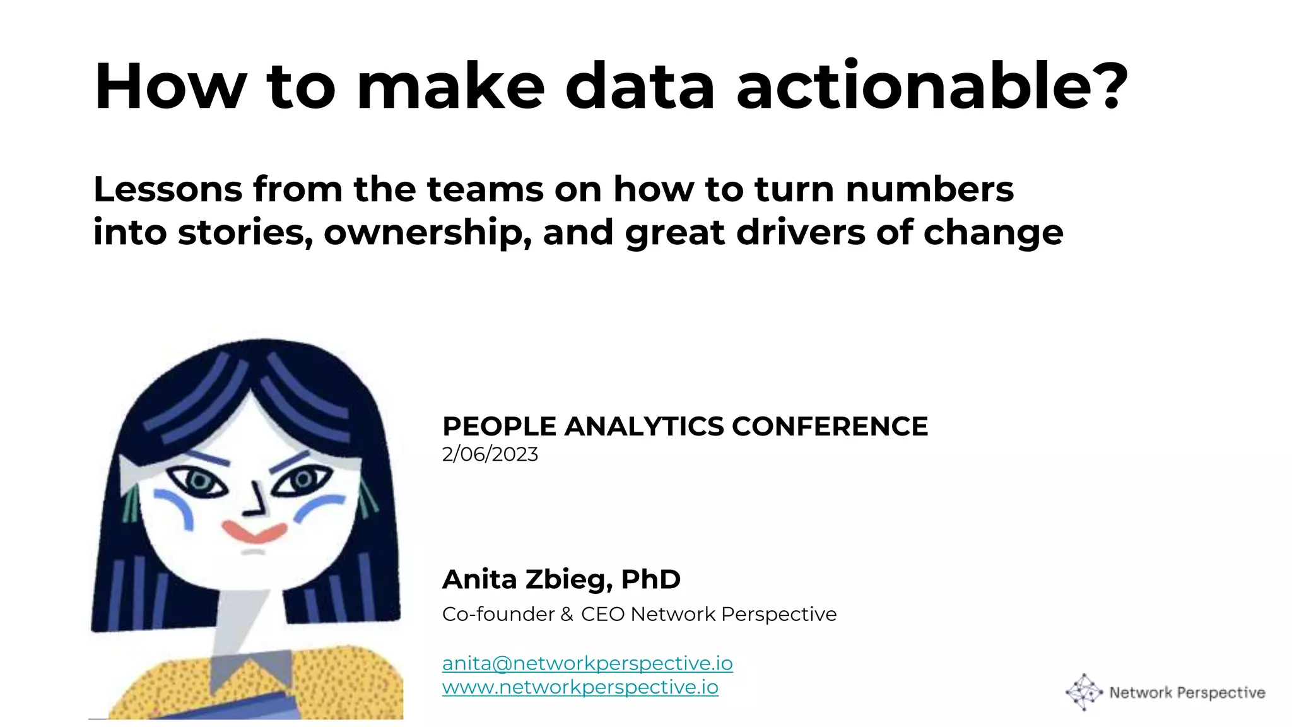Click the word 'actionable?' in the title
click(932, 86)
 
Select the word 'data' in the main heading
click(640, 86)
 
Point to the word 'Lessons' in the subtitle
click(168, 189)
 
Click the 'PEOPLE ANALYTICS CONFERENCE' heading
click(685, 427)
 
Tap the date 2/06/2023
click(490, 454)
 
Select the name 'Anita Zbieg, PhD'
click(561, 579)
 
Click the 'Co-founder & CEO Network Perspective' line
click(639, 614)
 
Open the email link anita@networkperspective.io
click(587, 663)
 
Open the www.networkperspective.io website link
click(580, 687)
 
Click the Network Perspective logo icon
click(1083, 692)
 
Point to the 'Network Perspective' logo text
click(1187, 693)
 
